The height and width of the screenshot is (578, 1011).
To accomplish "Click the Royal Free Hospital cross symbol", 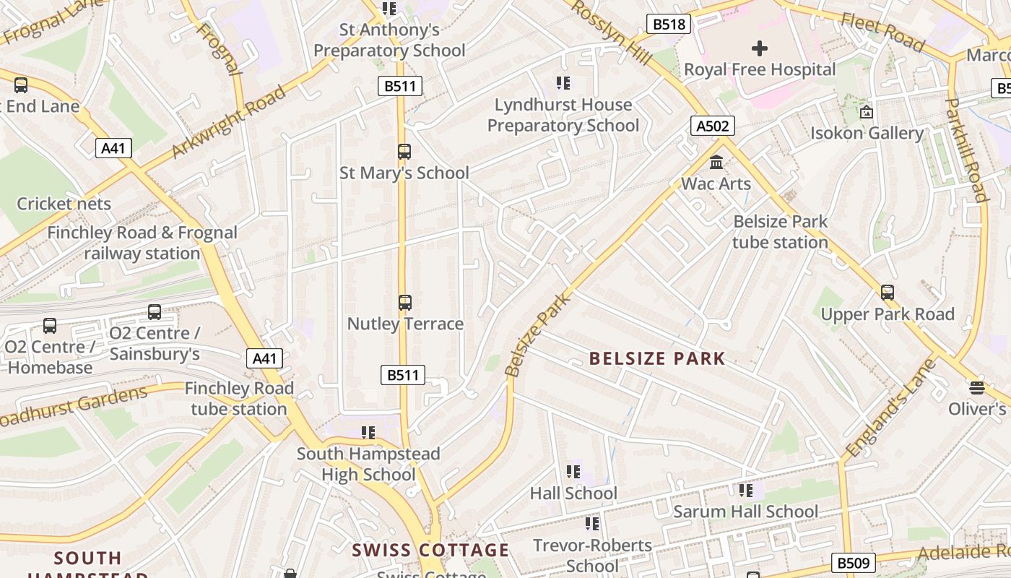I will point(759,48).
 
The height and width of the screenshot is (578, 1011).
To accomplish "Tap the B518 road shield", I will point(669,25).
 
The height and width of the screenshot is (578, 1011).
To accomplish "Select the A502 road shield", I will point(712,126).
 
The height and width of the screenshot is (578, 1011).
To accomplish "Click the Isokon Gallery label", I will point(866,133).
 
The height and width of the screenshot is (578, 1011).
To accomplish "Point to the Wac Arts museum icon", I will point(716,162).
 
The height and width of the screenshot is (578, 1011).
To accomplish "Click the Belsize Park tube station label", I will point(780,231).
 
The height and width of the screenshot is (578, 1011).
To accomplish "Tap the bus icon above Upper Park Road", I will point(887,293).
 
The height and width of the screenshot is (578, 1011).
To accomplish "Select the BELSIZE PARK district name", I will point(656,358).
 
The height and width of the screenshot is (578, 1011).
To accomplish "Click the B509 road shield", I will point(853,563).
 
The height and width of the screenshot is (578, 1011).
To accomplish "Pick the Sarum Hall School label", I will point(745,512).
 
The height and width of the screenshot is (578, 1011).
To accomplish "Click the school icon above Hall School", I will point(573,472).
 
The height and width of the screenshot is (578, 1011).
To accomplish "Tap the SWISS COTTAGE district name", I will point(430,550).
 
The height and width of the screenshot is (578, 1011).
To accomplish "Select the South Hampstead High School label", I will point(368,464).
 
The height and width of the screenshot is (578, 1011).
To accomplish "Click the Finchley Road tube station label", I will point(239,398).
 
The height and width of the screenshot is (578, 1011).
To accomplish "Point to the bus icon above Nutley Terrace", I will point(404,302).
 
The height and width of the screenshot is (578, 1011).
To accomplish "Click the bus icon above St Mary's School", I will point(404,152).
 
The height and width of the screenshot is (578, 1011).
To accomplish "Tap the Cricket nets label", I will point(64,204).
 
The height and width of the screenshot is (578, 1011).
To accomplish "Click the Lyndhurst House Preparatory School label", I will point(563,115).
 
